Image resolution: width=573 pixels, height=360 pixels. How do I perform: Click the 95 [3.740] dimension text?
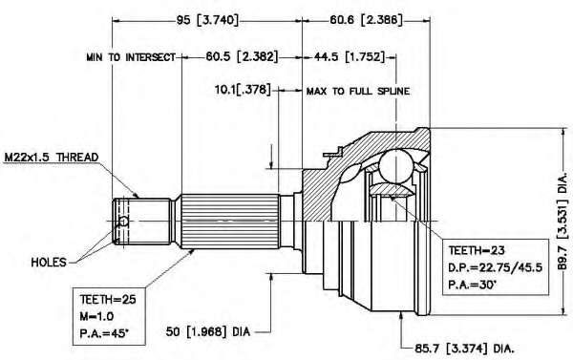click(x=207, y=20)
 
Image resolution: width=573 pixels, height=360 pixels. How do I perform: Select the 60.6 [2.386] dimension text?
click(x=366, y=20)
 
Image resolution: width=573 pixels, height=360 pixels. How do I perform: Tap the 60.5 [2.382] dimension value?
click(x=242, y=56)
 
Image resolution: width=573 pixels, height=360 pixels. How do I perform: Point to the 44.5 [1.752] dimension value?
click(x=350, y=56)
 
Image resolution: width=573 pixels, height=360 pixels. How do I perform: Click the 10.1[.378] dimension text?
click(x=243, y=89)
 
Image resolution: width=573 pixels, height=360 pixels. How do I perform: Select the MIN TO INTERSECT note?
click(x=131, y=57)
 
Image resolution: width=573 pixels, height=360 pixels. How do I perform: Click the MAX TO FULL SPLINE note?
click(x=358, y=91)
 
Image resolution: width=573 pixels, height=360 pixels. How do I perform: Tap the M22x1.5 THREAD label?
click(x=52, y=158)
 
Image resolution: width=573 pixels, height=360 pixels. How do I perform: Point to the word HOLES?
click(x=49, y=262)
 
